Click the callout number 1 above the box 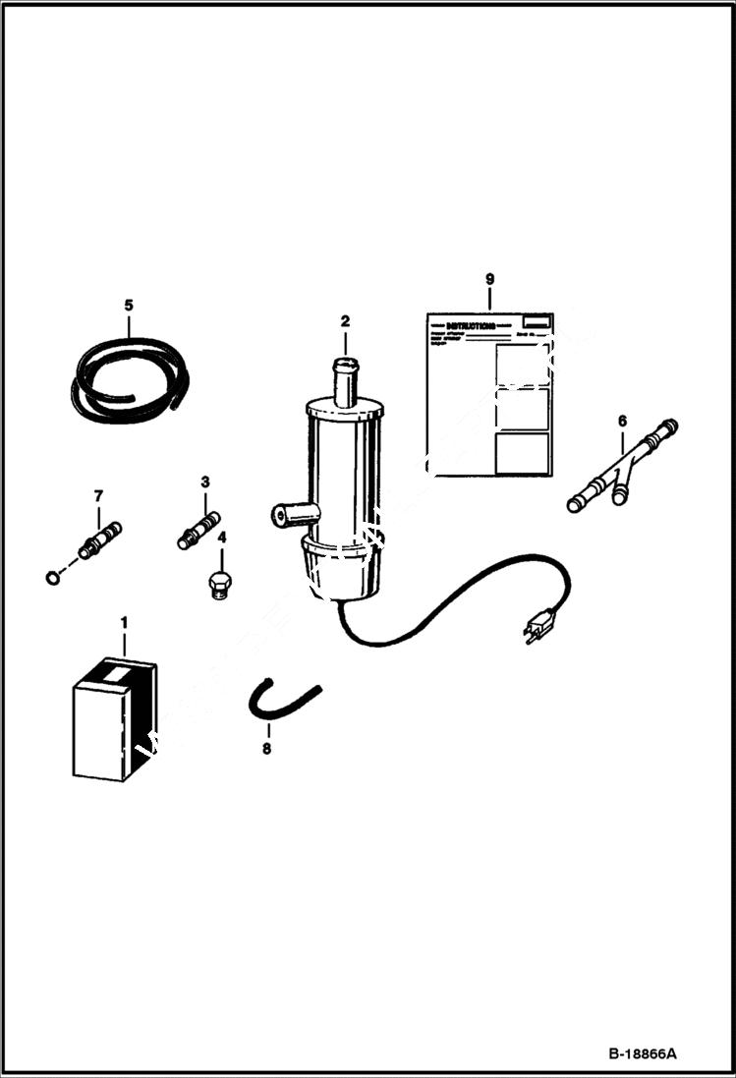(124, 623)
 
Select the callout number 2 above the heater (345, 321)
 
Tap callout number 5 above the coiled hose (129, 305)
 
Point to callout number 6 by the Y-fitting (621, 421)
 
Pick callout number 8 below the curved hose (266, 748)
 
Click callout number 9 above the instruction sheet (489, 279)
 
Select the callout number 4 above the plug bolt (221, 538)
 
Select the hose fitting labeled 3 (199, 528)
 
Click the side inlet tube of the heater (292, 514)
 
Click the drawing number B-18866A (642, 1053)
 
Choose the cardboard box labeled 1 (114, 718)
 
